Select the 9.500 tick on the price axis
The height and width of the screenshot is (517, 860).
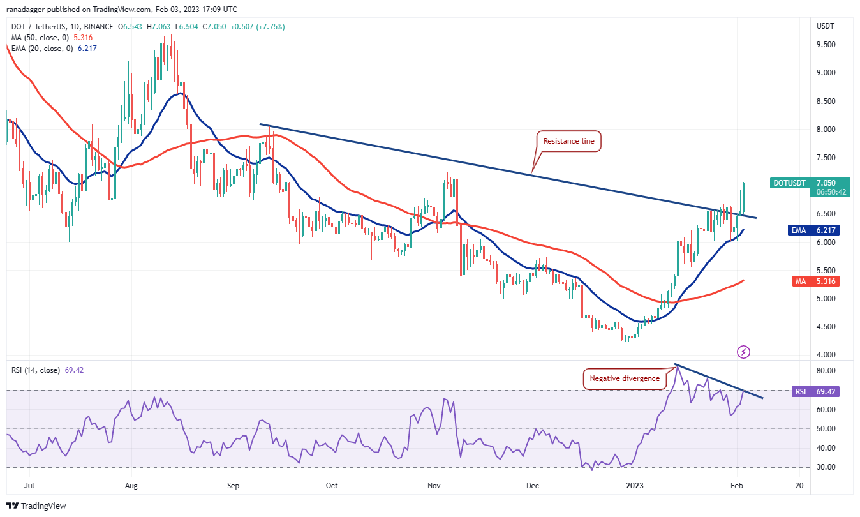(827, 45)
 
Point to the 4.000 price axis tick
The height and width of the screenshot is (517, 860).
(827, 354)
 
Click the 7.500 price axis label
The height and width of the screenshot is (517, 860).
(827, 157)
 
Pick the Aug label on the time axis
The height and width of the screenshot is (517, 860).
(131, 485)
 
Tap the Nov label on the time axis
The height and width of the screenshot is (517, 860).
(434, 485)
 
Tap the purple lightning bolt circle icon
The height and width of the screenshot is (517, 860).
(743, 352)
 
